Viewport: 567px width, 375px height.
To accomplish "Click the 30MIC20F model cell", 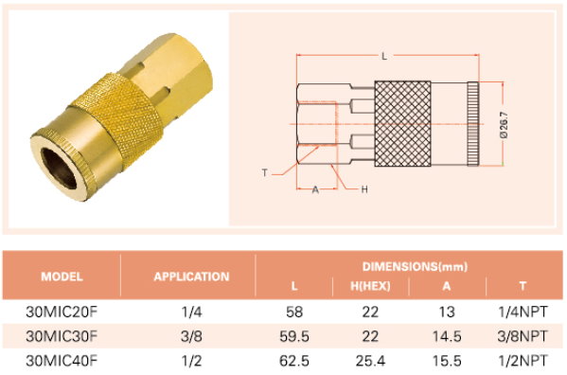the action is pos(62,312).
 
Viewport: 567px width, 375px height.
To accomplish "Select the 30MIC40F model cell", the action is pos(62,361).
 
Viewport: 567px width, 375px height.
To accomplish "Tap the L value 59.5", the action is pos(294,336).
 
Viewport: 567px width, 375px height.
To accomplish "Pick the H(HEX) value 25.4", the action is pos(370,361).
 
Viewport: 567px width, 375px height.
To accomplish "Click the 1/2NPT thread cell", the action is pos(523,361).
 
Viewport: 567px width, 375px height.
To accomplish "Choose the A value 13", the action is pos(447,312).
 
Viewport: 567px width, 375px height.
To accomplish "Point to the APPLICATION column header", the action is pos(191,277).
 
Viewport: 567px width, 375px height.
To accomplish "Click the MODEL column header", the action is pos(62,277).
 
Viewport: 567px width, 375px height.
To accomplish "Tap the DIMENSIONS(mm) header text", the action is pos(415,266).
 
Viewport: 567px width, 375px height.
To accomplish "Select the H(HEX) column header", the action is pos(370,286).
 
